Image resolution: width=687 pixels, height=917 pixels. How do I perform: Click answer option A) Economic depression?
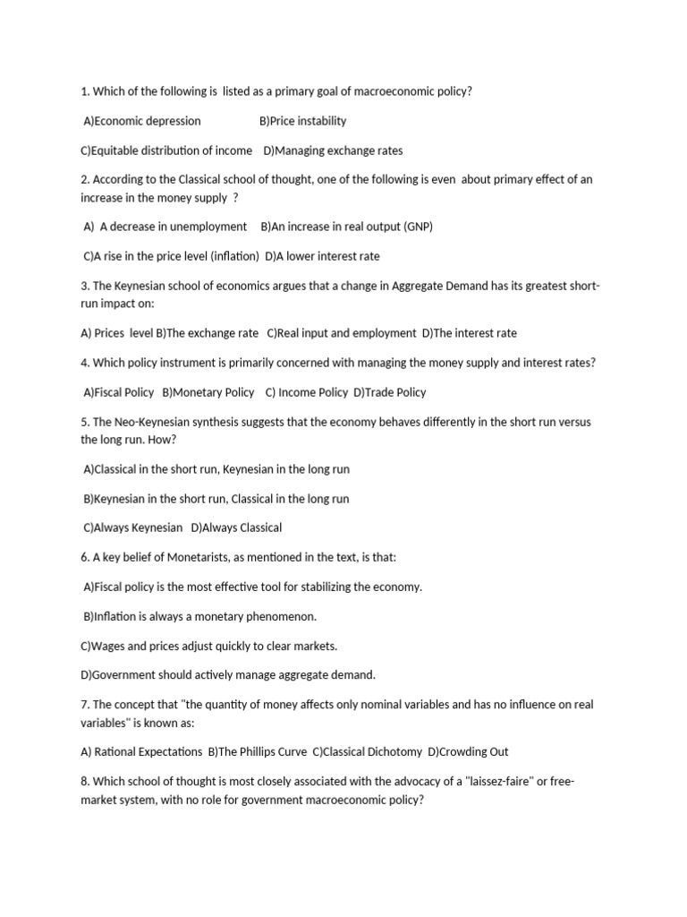click(141, 121)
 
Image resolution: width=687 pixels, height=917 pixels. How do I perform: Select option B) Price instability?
click(302, 121)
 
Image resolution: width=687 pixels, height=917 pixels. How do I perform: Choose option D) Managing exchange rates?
click(333, 150)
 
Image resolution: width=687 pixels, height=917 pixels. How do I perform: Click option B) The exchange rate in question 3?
click(207, 333)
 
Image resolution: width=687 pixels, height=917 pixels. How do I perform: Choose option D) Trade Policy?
click(389, 392)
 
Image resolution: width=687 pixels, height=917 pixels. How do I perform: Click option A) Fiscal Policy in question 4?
click(118, 392)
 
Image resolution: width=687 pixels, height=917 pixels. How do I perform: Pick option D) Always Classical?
click(236, 527)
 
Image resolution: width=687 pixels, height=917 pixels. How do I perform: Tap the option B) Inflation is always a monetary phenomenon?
click(199, 616)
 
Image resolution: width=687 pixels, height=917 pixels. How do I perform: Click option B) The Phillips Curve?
click(256, 751)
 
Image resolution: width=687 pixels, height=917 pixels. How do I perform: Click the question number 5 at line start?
click(83, 422)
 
